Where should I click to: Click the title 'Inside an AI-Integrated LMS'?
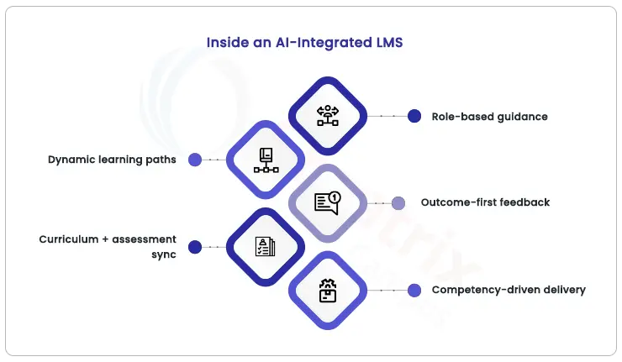[305, 41]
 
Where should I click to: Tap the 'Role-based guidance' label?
[489, 117]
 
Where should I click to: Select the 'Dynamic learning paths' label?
[112, 160]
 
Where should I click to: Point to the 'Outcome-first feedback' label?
[486, 202]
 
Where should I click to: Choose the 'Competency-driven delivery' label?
[509, 291]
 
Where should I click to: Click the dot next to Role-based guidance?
[414, 116]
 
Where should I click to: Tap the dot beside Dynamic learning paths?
[195, 160]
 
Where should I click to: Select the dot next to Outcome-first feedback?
[399, 202]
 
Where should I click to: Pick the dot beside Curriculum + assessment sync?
[195, 247]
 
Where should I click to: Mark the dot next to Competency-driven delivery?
[414, 291]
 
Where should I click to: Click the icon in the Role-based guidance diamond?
[327, 116]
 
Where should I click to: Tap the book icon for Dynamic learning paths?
[266, 160]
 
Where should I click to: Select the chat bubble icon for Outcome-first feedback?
[327, 202]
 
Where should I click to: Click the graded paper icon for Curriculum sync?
[266, 247]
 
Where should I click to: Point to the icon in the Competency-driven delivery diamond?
[327, 291]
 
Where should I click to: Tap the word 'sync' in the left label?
[161, 254]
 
